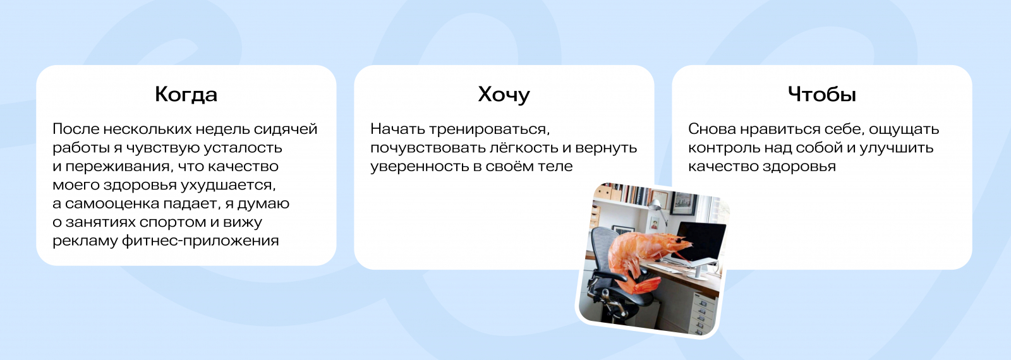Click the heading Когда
(x=186, y=94)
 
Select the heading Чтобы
(x=822, y=94)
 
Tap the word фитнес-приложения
(x=200, y=241)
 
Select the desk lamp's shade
(x=655, y=205)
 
